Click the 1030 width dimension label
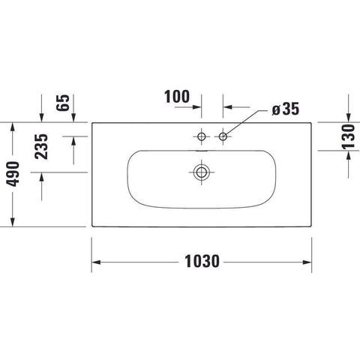pyautogui.click(x=202, y=262)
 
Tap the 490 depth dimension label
pyautogui.click(x=13, y=174)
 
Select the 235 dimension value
pyautogui.click(x=41, y=146)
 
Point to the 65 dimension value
pyautogui.click(x=62, y=103)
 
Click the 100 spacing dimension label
pyautogui.click(x=177, y=97)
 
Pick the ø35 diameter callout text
pyautogui.click(x=286, y=109)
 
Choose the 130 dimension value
pyautogui.click(x=348, y=136)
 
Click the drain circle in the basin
pyautogui.click(x=201, y=172)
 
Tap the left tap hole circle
pyautogui.click(x=202, y=136)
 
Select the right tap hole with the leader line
pyautogui.click(x=223, y=136)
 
